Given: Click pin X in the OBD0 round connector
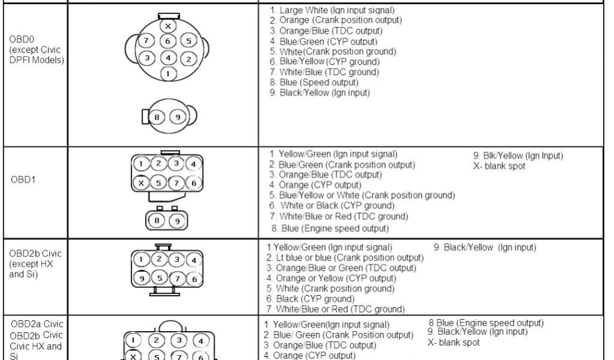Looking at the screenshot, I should coord(168,26).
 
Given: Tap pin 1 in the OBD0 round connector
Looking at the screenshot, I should coord(169,73).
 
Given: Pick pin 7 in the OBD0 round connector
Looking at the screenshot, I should coord(145,41).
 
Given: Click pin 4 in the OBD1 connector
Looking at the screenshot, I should coord(193,164).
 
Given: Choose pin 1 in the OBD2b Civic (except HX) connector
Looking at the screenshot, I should coord(140,259).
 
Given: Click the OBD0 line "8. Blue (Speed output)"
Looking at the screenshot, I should coord(314,82).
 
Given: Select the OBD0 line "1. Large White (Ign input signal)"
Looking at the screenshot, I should coord(332,10).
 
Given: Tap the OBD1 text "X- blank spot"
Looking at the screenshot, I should coord(500,166).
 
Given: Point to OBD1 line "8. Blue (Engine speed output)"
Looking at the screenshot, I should coord(330,228).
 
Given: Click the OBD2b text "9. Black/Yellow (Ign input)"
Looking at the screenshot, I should coord(484,247).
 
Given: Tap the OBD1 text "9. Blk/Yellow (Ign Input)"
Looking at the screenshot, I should coord(518,156).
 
